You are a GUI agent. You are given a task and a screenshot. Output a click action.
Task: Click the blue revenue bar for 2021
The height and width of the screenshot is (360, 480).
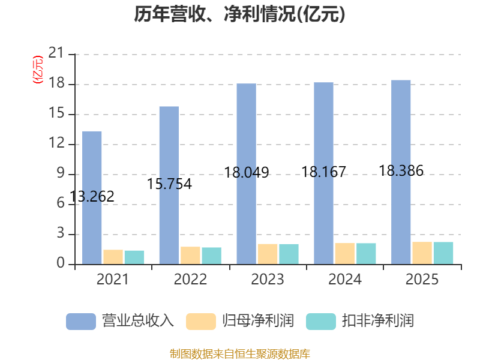(x=92, y=198)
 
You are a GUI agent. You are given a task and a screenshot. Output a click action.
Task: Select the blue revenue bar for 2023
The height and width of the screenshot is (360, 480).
(x=247, y=174)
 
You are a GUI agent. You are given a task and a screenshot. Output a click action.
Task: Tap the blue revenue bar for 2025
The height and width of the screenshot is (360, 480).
(x=401, y=172)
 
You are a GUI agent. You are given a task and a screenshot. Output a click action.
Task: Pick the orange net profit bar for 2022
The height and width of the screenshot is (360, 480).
(x=190, y=256)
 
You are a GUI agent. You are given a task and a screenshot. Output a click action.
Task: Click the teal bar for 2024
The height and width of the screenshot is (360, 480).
(x=366, y=253)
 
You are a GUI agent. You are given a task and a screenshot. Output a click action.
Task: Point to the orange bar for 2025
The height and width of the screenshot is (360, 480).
(x=422, y=253)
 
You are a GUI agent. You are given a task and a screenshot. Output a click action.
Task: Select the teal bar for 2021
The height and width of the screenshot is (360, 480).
(x=134, y=257)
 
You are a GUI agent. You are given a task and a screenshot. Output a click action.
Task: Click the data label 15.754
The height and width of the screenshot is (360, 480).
(x=169, y=184)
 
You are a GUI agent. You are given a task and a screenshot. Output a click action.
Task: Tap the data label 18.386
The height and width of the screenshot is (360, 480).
(x=401, y=171)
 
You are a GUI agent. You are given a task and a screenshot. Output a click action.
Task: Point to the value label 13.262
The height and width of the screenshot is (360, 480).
(x=92, y=197)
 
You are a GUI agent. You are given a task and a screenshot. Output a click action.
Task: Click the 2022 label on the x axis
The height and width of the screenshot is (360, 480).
(x=190, y=279)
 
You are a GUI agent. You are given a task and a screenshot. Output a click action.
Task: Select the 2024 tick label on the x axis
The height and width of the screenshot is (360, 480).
(x=344, y=279)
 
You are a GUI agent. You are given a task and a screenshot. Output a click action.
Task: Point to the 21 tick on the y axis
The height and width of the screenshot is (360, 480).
(x=56, y=53)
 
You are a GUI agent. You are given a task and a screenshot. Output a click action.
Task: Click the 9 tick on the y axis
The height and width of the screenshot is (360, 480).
(x=61, y=173)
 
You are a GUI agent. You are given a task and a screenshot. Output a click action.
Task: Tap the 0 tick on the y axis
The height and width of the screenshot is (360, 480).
(x=61, y=263)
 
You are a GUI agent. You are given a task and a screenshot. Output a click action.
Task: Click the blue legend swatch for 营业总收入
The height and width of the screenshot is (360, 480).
(x=81, y=322)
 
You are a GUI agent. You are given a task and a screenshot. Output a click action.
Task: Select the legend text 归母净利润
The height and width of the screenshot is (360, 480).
(x=258, y=321)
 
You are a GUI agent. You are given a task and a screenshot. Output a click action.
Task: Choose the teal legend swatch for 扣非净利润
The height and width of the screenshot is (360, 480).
(x=321, y=322)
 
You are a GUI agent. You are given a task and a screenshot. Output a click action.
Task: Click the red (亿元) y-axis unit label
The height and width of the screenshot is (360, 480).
(x=38, y=70)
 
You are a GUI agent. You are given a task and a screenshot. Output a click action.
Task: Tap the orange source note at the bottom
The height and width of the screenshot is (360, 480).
(x=239, y=354)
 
